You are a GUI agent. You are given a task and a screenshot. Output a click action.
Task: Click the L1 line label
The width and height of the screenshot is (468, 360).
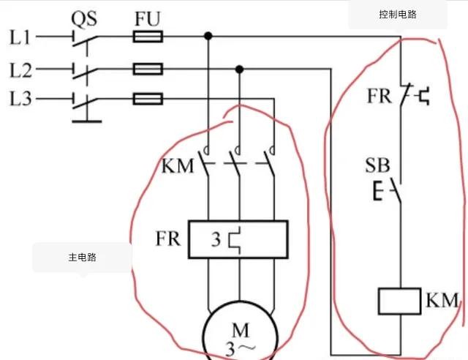pyautogui.click(x=20, y=36)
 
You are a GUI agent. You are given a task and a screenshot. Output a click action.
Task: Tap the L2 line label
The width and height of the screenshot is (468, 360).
pyautogui.click(x=20, y=70)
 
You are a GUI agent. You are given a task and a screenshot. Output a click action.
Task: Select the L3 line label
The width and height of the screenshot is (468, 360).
pyautogui.click(x=20, y=97)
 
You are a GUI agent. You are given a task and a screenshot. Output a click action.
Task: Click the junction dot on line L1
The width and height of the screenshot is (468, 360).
pyautogui.click(x=208, y=36)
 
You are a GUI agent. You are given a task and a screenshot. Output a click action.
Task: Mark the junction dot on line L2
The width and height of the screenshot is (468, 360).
pyautogui.click(x=239, y=70)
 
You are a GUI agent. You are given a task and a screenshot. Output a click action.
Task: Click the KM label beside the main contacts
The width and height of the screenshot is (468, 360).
pyautogui.click(x=178, y=165)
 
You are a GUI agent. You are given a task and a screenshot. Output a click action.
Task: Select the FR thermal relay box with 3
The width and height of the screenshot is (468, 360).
pyautogui.click(x=238, y=239)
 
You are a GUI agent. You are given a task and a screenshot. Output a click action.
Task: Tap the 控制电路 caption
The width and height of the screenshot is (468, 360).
pyautogui.click(x=398, y=15)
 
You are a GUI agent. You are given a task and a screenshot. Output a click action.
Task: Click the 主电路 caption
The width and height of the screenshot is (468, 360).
pyautogui.click(x=83, y=258)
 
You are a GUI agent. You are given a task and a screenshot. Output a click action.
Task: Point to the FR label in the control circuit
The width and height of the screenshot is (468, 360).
pyautogui.click(x=380, y=96)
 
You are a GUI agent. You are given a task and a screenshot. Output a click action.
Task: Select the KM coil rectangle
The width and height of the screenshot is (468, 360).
pyautogui.click(x=399, y=301)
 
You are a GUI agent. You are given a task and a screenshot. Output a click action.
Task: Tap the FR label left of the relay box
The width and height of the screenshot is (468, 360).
pyautogui.click(x=167, y=239)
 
